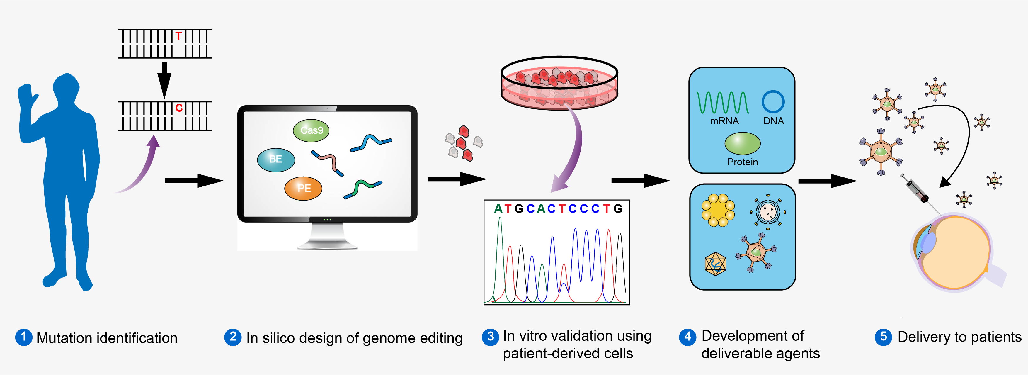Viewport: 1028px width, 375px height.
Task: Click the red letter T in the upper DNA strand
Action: click(x=178, y=36)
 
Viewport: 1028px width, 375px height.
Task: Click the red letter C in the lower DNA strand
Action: click(x=179, y=108)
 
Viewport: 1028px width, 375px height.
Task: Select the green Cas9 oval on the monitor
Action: click(x=311, y=130)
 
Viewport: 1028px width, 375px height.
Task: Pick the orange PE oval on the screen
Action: click(x=303, y=188)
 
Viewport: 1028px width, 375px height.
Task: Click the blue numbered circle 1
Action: click(x=23, y=337)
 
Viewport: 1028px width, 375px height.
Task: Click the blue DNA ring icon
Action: click(x=773, y=102)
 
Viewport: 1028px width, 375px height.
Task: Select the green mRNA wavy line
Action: click(x=723, y=103)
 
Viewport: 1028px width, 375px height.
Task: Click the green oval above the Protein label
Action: click(x=742, y=143)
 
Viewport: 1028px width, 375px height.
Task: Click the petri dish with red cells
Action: click(x=559, y=83)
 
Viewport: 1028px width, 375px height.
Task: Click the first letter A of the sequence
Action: click(x=498, y=209)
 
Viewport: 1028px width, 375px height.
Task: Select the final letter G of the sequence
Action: click(x=618, y=209)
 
